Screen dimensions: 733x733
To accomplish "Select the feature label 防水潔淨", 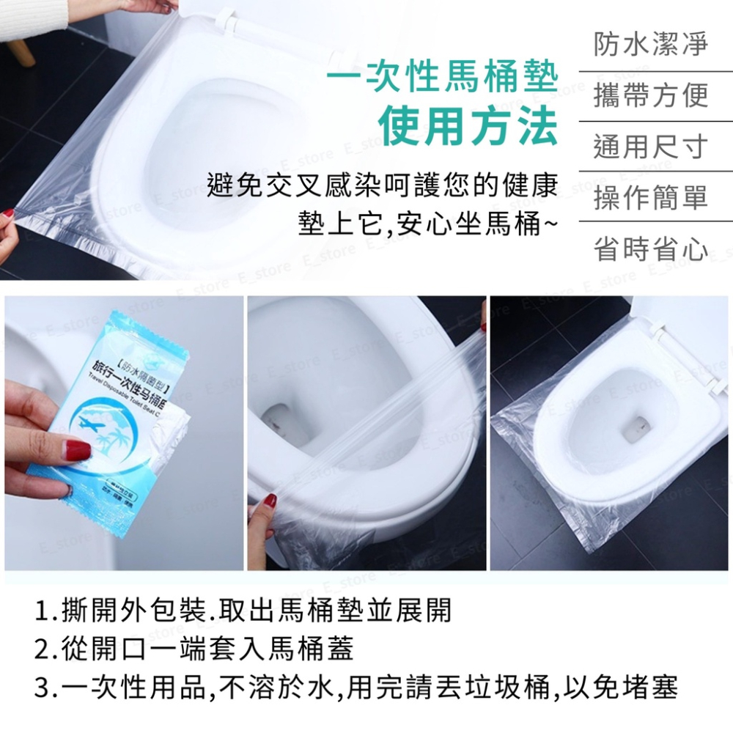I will tap(650, 44).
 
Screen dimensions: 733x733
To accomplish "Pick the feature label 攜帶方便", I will tap(650, 95).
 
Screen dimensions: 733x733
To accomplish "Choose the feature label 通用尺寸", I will tap(650, 147).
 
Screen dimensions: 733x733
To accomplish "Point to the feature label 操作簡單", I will tap(650, 198).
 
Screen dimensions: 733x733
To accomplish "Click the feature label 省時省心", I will tap(650, 249).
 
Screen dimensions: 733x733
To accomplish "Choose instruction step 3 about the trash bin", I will tap(356, 688).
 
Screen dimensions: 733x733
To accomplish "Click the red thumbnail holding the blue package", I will tap(70, 448).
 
